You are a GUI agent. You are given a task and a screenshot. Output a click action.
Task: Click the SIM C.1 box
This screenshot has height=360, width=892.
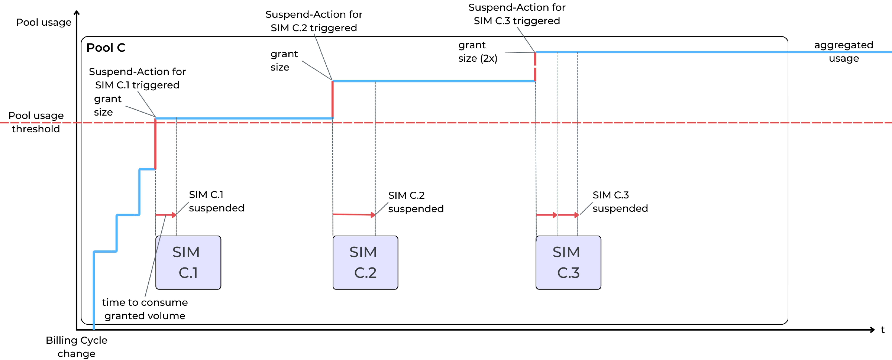click(x=188, y=262)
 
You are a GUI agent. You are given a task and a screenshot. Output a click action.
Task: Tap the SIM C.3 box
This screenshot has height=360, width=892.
click(x=568, y=262)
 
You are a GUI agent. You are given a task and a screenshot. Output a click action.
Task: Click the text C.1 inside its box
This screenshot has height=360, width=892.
click(x=188, y=273)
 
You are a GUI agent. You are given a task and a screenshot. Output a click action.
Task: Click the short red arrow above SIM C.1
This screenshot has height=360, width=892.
click(x=166, y=215)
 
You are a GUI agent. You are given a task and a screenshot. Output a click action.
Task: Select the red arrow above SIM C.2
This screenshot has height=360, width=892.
click(x=353, y=215)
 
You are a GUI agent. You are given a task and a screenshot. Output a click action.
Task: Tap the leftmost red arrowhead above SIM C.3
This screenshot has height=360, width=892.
click(x=555, y=215)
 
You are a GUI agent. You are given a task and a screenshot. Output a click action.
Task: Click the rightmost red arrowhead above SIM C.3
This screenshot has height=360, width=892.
click(x=577, y=215)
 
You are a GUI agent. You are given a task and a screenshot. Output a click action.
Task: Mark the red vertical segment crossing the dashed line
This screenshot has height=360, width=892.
click(x=155, y=144)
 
